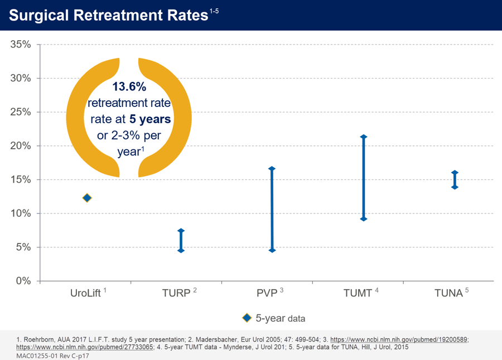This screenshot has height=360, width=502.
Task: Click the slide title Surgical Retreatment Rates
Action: point(109,15)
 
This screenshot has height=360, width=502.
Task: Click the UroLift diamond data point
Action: point(87,198)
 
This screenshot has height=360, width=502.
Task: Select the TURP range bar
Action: point(181,241)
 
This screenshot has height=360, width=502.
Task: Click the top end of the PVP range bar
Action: point(272,169)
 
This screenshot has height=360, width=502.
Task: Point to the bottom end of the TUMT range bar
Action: point(364,218)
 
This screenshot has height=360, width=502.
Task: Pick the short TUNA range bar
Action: point(455,180)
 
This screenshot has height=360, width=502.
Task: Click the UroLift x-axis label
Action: point(85,293)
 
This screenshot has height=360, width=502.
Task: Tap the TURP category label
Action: point(177,293)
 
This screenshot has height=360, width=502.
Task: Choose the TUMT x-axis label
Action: point(358,293)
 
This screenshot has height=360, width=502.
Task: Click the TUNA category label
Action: point(449,293)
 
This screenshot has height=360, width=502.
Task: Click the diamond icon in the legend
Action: point(247,318)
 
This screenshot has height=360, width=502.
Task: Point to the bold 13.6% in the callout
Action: point(129,87)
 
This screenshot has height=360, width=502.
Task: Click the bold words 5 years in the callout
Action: point(150,119)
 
